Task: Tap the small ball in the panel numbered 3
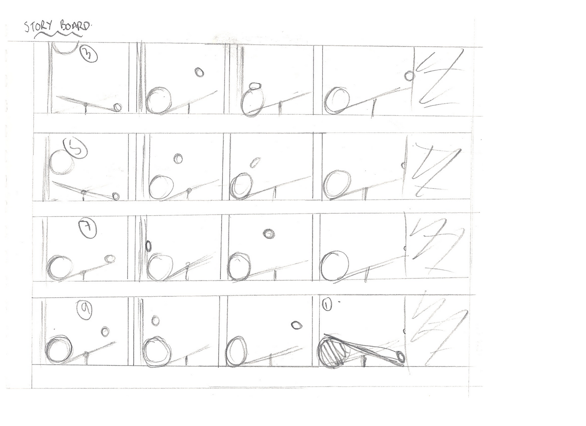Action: click(x=118, y=107)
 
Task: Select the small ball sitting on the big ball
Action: click(x=255, y=87)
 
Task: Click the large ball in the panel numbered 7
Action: click(x=60, y=267)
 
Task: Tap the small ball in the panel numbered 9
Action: click(x=105, y=331)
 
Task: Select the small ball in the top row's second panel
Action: click(x=199, y=73)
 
